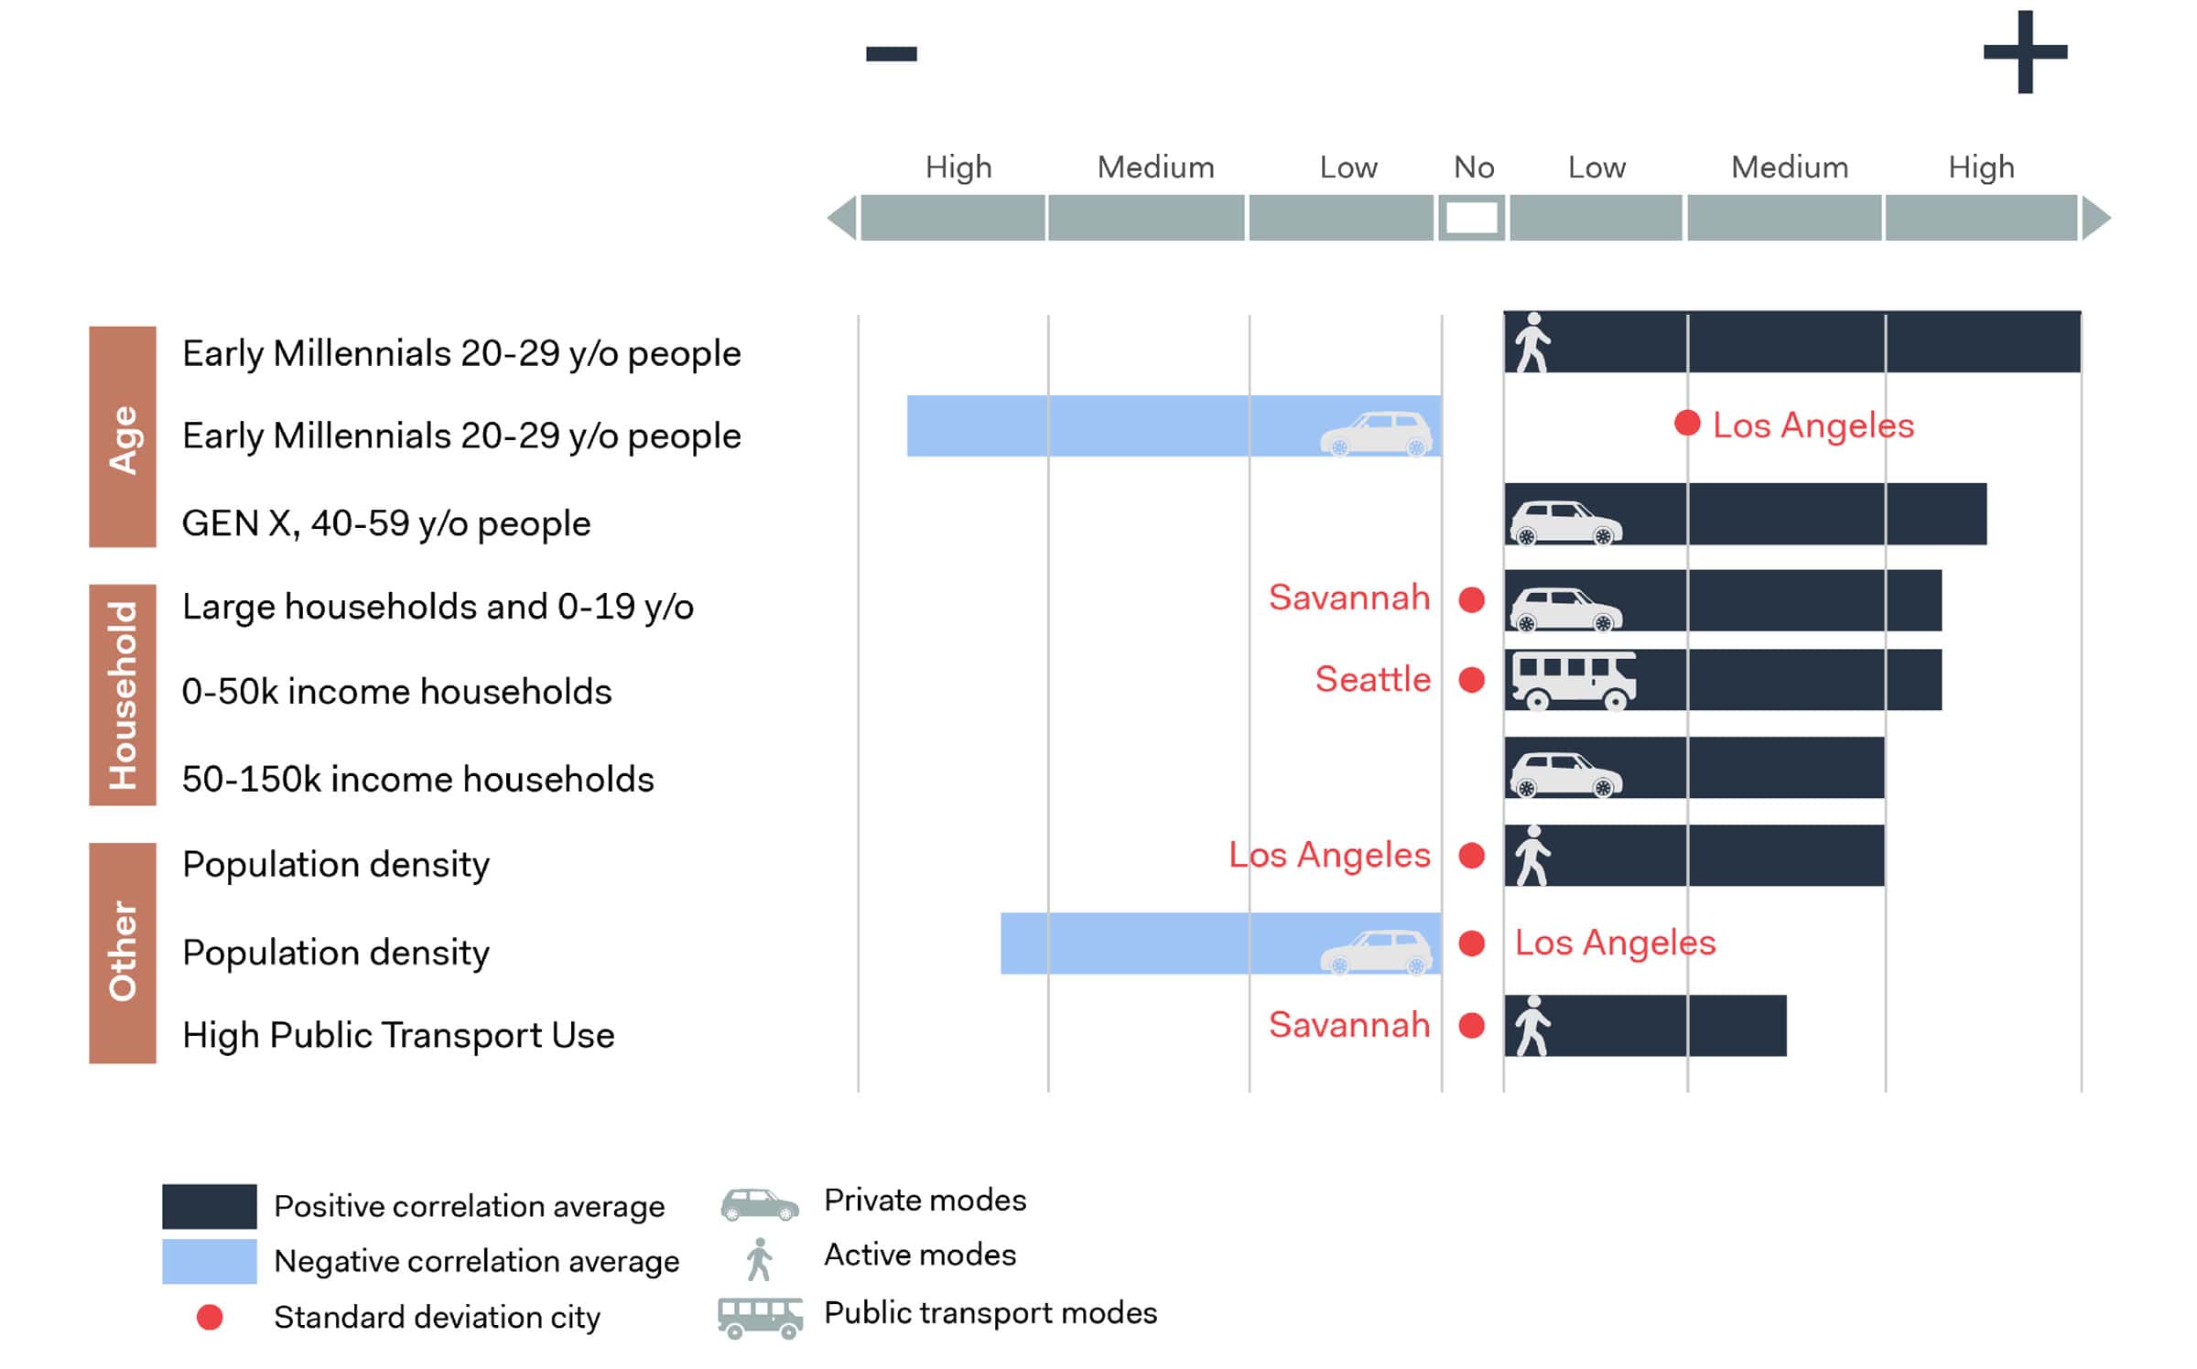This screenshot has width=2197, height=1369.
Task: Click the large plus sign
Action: tap(2025, 52)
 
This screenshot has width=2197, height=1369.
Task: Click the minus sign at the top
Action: tap(891, 54)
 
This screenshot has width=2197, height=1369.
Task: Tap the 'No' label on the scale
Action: tap(1473, 167)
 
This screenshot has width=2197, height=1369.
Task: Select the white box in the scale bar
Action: tap(1471, 218)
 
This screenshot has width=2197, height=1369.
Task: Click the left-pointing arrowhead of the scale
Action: tap(843, 218)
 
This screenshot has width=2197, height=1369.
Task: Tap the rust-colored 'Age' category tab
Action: tap(123, 437)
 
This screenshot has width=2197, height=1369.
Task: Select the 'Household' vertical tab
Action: tap(123, 695)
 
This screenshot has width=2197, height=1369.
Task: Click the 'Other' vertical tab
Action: tap(123, 953)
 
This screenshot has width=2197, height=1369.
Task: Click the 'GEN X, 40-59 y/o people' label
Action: tap(385, 523)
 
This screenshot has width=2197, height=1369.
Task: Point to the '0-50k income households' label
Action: tap(396, 692)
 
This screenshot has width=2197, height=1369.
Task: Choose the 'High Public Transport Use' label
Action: tap(398, 1035)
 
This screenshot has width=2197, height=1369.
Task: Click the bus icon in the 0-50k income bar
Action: tap(1572, 680)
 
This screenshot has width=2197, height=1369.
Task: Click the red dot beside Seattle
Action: tap(1471, 680)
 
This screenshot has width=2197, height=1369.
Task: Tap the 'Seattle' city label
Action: tap(1372, 680)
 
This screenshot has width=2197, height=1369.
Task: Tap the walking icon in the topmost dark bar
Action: tap(1531, 342)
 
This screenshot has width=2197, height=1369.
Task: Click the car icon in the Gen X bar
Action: tap(1565, 522)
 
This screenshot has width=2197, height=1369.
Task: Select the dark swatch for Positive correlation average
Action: tap(210, 1206)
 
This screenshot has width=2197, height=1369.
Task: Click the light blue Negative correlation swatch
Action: tap(210, 1261)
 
